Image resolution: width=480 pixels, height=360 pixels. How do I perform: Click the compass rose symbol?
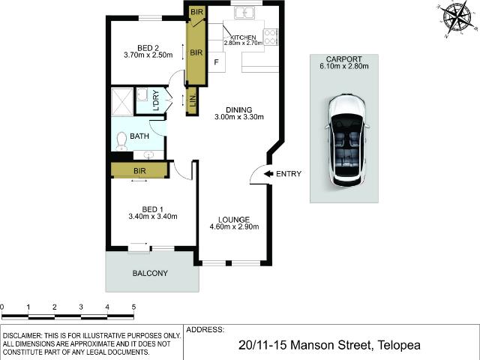pos(457,17)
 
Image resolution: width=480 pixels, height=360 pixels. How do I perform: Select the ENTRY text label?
pos(288,174)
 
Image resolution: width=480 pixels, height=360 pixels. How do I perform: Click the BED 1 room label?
pos(152,208)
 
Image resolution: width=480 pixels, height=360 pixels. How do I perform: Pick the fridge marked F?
pos(216,62)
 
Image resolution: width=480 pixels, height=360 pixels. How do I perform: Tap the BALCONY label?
pos(150,273)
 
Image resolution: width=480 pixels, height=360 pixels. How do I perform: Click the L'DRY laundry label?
pos(156,101)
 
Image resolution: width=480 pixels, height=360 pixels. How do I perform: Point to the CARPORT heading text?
pos(344,58)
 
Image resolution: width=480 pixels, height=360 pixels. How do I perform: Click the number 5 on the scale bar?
pos(133,307)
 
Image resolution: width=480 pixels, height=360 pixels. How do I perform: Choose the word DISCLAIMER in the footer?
pos(28,335)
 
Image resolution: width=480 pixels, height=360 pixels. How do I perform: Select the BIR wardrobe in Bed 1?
pos(139,171)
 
